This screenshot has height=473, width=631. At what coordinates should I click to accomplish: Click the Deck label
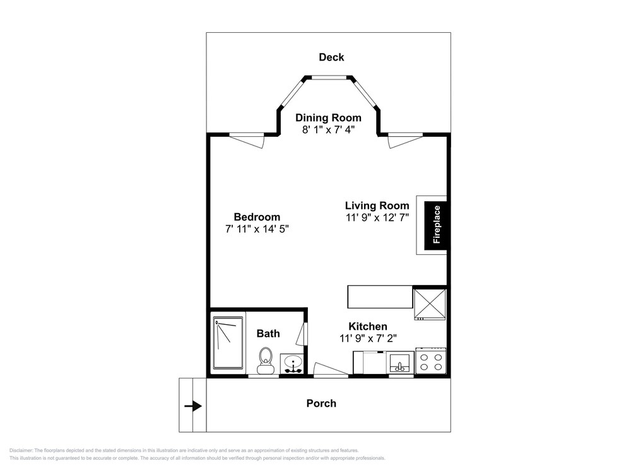[x=331, y=57]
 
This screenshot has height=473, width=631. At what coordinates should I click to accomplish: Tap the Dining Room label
[x=328, y=118]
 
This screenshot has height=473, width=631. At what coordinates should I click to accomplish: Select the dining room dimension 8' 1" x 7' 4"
[x=328, y=130]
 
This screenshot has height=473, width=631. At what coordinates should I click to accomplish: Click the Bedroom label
[x=257, y=217]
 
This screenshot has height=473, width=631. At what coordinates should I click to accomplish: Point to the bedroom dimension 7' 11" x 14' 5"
[x=257, y=230]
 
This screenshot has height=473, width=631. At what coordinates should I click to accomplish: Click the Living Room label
[x=377, y=206]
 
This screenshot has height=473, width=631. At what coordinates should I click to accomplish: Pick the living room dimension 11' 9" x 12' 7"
[x=377, y=218]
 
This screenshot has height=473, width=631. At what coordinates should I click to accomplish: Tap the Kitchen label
[x=368, y=326]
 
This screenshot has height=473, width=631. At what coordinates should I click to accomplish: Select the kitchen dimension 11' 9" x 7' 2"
[x=369, y=338]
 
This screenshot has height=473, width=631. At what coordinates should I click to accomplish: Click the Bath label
[x=268, y=334]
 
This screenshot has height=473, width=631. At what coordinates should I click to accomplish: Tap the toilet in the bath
[x=265, y=360]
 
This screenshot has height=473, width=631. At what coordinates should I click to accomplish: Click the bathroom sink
[x=293, y=364]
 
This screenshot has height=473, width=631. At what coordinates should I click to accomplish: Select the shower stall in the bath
[x=228, y=342]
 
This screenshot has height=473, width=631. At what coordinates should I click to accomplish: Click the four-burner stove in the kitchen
[x=430, y=361]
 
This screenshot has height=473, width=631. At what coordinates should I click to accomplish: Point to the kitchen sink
[x=399, y=363]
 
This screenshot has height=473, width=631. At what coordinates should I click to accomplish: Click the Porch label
[x=321, y=404]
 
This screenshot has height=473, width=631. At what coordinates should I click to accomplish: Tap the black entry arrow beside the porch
[x=193, y=406]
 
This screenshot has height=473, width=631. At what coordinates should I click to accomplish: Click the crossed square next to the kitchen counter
[x=430, y=304]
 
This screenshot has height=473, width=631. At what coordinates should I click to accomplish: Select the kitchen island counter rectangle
[x=380, y=297]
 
